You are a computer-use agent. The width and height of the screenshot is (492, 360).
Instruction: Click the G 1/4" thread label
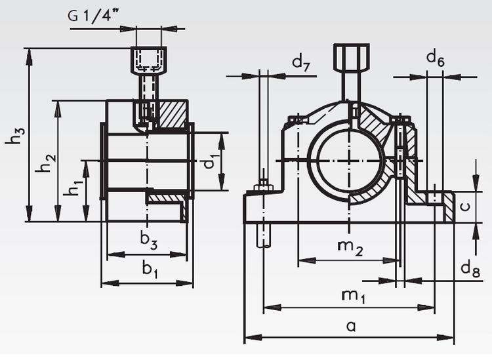(96, 16)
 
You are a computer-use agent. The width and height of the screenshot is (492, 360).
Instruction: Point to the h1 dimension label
(73, 191)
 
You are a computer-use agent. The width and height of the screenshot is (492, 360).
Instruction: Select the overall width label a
(351, 326)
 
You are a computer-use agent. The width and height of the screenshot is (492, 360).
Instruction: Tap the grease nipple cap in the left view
(148, 60)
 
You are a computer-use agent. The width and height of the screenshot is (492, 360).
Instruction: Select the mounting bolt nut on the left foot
(264, 189)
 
